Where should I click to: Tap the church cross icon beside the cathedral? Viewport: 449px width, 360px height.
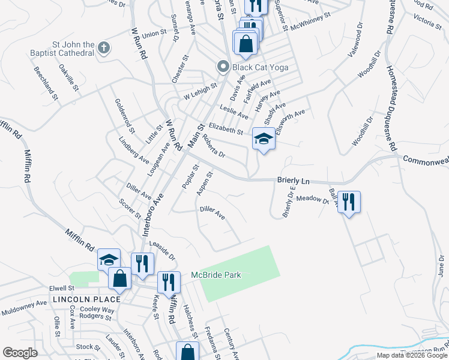[103, 47]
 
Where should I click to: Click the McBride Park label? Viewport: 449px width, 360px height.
[215, 275]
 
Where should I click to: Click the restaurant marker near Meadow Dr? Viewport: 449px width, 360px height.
[348, 202]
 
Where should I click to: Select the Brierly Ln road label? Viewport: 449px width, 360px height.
[293, 180]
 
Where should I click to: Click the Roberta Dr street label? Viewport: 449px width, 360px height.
[213, 145]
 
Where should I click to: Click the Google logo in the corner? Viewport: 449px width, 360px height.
[20, 353]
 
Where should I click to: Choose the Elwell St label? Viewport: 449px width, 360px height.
[62, 287]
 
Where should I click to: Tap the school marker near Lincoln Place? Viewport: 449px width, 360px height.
[109, 260]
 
